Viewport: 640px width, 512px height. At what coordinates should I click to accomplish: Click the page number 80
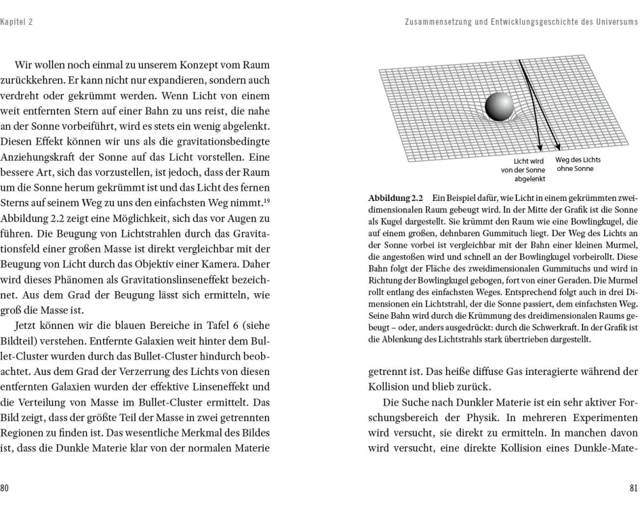[4, 488]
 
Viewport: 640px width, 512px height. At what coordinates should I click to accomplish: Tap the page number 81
[634, 488]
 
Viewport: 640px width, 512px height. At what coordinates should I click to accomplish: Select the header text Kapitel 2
[17, 22]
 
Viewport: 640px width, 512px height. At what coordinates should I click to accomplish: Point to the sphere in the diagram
[500, 106]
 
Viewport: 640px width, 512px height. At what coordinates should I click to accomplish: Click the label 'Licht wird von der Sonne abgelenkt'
[524, 170]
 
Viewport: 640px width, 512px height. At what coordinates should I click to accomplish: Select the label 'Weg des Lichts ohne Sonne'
[578, 164]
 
